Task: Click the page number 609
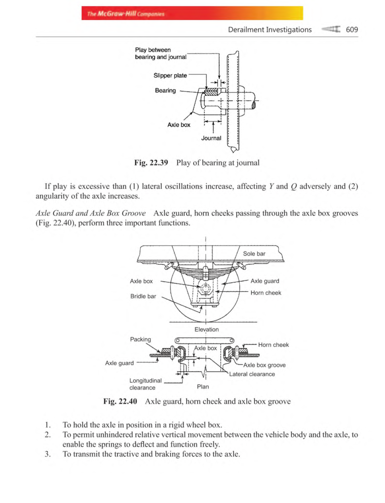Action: click(x=352, y=30)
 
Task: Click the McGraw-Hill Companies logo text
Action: click(x=126, y=14)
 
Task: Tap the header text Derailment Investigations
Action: click(x=269, y=30)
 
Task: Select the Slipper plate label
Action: click(x=170, y=75)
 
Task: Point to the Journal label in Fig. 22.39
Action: click(x=211, y=138)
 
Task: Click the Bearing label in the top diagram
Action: click(x=165, y=91)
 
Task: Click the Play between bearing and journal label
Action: click(x=160, y=53)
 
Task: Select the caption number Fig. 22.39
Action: click(x=151, y=163)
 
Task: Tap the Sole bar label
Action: click(x=254, y=254)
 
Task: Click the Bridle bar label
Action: click(x=143, y=296)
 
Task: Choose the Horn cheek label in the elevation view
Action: click(x=266, y=293)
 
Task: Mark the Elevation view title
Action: click(x=206, y=330)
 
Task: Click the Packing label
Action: click(x=140, y=340)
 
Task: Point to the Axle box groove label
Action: click(x=264, y=365)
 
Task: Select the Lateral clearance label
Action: click(x=252, y=374)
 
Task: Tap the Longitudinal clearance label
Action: click(x=145, y=384)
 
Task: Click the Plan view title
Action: click(x=203, y=387)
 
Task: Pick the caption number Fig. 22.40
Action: click(x=120, y=402)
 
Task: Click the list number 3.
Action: click(x=47, y=454)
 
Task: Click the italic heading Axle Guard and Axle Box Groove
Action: click(x=90, y=213)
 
